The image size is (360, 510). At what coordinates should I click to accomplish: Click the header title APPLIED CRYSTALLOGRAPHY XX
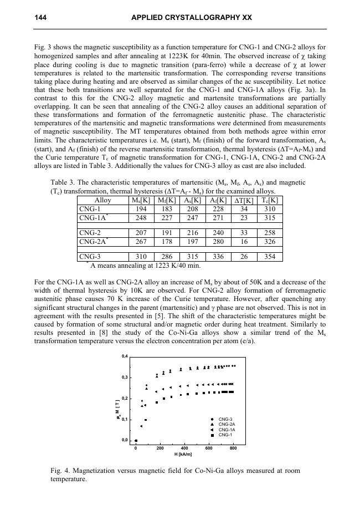(192, 18)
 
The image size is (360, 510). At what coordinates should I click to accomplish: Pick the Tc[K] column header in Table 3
(270, 200)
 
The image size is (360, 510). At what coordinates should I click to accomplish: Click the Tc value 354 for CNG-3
(270, 256)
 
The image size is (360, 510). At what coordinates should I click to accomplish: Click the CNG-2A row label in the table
(92, 241)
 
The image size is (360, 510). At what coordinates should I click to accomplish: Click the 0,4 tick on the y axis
(125, 356)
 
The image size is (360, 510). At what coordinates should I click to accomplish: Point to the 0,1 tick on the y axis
(125, 420)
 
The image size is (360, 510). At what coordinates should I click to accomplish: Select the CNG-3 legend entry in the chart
(226, 419)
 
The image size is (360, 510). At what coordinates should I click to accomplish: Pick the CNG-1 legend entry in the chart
(226, 435)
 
